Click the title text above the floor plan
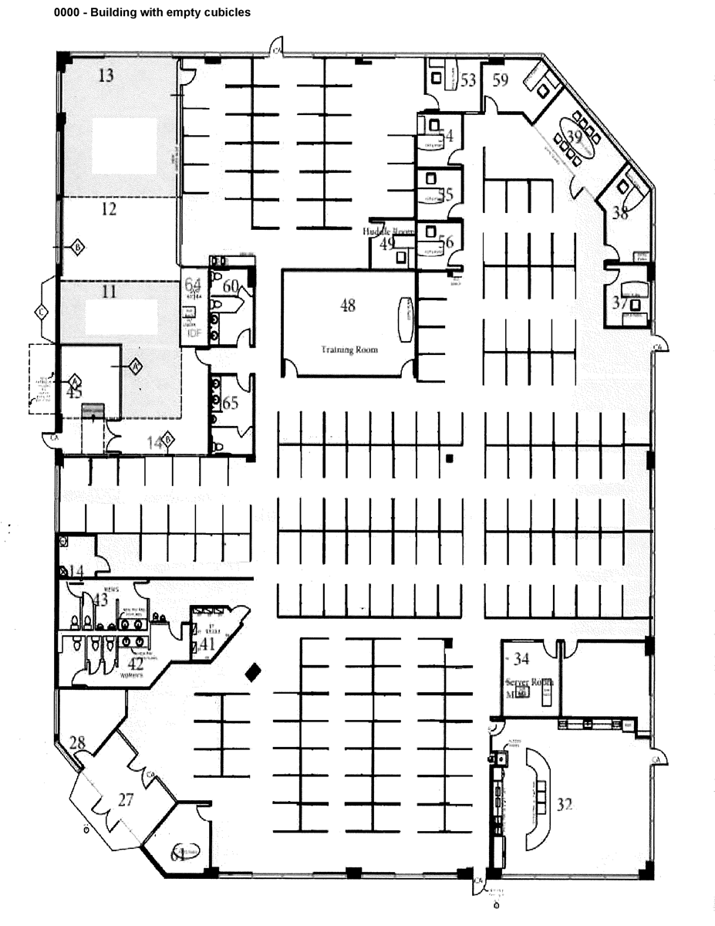tap(152, 13)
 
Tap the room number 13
tap(106, 75)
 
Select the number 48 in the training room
tap(348, 305)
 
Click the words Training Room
tap(349, 350)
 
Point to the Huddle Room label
tap(389, 231)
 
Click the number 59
tap(501, 79)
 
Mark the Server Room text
tap(530, 682)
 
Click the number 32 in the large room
tap(565, 805)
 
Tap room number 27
tap(126, 799)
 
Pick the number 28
tap(77, 743)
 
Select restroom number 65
tap(231, 404)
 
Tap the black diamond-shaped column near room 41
tap(251, 672)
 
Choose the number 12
tap(109, 208)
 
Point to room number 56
tap(446, 241)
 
